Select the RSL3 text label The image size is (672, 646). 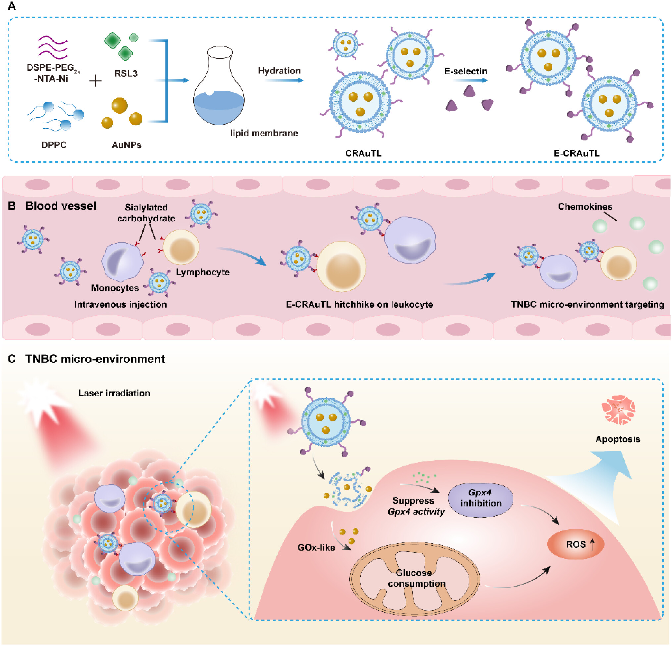tap(126, 74)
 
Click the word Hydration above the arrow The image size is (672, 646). tap(279, 71)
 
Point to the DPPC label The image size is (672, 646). tap(54, 145)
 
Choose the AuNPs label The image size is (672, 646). tap(126, 145)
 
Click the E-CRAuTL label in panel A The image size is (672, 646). tap(576, 153)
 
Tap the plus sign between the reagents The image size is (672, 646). tap(95, 81)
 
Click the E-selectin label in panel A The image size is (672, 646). tap(465, 71)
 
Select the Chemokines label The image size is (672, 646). tap(585, 206)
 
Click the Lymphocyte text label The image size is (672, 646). tap(203, 272)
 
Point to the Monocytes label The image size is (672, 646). tap(115, 288)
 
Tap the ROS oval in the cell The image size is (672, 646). tap(575, 544)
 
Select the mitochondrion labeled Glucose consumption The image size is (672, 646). tap(414, 579)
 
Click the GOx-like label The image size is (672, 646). tap(316, 547)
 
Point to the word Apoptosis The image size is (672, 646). tap(617, 439)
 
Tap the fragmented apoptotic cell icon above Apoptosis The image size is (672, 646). tap(618, 409)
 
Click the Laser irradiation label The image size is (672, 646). tap(114, 393)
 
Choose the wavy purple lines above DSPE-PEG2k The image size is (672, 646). tap(52, 48)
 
